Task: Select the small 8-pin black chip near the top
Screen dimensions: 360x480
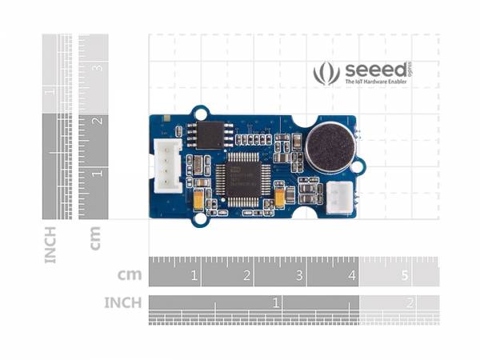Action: pyautogui.click(x=212, y=134)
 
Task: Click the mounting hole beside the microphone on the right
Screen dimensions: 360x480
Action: pyautogui.click(x=358, y=166)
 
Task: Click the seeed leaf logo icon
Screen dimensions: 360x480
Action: pyautogui.click(x=326, y=73)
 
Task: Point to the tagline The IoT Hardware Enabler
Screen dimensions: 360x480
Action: pyautogui.click(x=376, y=82)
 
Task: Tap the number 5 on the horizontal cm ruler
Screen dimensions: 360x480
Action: pyautogui.click(x=404, y=276)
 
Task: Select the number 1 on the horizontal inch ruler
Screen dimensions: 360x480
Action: pyautogui.click(x=276, y=303)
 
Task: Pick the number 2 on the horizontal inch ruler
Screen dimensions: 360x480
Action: pyautogui.click(x=410, y=303)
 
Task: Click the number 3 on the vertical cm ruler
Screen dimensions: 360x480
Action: pyautogui.click(x=98, y=68)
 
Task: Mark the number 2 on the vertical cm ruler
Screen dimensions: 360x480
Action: pyautogui.click(x=98, y=121)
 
